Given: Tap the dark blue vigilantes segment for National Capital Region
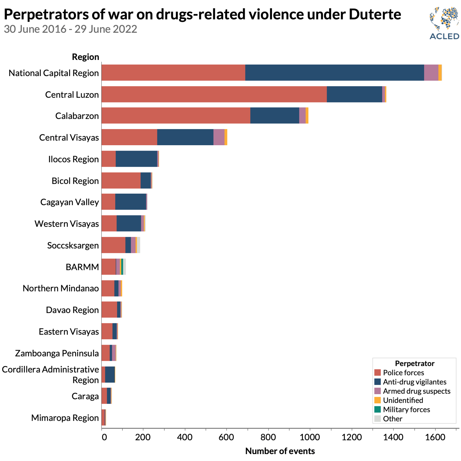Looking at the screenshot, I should point(334,73).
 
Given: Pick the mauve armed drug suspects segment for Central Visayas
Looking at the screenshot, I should point(219,137).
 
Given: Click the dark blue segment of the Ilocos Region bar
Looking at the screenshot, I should point(136,159).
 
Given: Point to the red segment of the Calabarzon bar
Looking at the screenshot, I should point(176,116).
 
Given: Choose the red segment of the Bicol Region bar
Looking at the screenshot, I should point(121,181).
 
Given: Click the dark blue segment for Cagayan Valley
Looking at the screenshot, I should point(131,202).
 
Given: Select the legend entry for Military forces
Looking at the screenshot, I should point(406,409).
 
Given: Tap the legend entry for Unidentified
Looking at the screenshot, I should point(403,400).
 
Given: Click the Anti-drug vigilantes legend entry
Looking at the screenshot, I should point(414,382).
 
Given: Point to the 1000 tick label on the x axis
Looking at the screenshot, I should point(310,437).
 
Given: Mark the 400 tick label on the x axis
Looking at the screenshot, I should point(185,437).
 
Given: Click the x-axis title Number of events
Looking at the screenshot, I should point(280,451).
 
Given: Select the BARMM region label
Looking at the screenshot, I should point(82,267).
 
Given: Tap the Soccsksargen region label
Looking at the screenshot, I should point(73,245).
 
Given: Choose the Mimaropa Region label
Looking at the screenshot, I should point(65,418).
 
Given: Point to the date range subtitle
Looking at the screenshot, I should point(70,29).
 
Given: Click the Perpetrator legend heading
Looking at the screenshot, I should point(414,363).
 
